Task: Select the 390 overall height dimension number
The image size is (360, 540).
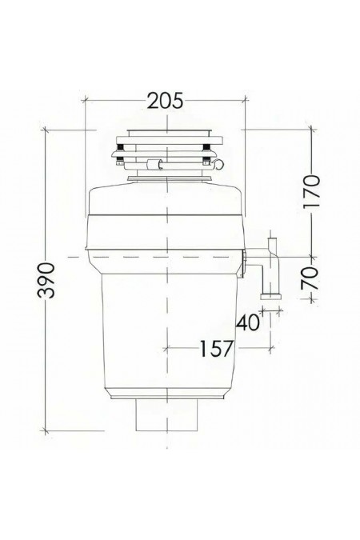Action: [50, 279]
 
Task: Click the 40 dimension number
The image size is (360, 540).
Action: [248, 322]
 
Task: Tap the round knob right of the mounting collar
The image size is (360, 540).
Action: [213, 165]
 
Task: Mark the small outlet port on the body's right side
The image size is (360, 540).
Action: [243, 254]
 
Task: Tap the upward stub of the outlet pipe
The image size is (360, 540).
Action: [271, 242]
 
